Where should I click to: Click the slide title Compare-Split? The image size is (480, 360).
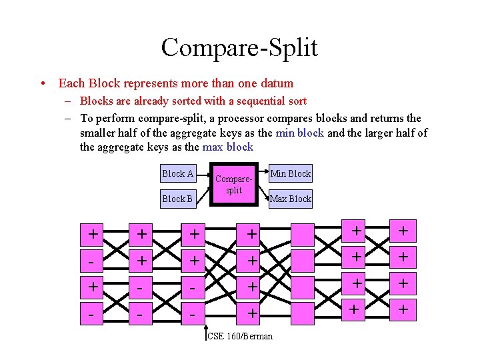pyautogui.click(x=239, y=47)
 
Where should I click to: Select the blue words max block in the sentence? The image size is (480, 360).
pyautogui.click(x=230, y=147)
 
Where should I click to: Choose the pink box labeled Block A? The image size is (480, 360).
pyautogui.click(x=178, y=174)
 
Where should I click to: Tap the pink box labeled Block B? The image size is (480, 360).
pyautogui.click(x=178, y=199)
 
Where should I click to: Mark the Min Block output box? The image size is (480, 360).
pyautogui.click(x=290, y=174)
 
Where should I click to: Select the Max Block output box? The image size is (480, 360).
pyautogui.click(x=290, y=199)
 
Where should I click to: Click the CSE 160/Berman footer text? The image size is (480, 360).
pyautogui.click(x=240, y=337)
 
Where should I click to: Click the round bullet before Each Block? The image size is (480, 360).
pyautogui.click(x=42, y=84)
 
